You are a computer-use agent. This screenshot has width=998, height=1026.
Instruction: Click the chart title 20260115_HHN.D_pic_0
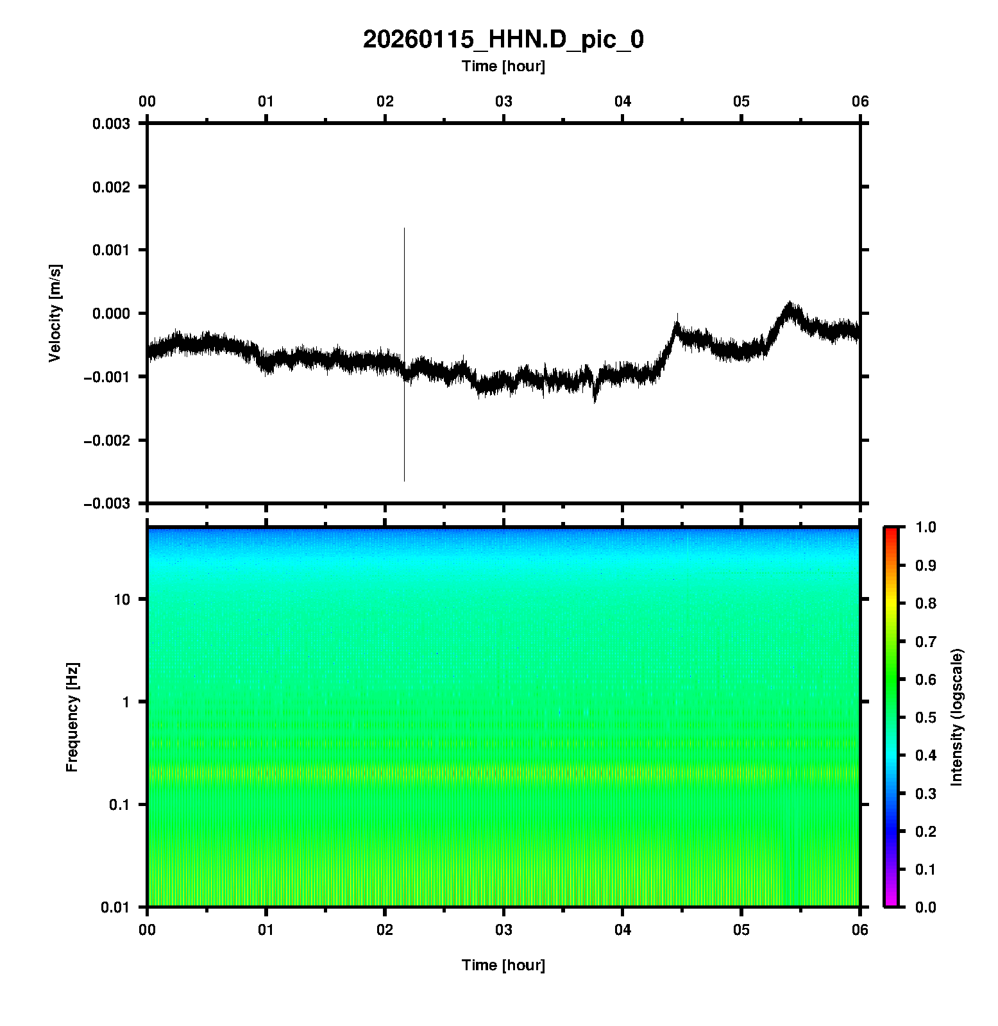click(x=503, y=40)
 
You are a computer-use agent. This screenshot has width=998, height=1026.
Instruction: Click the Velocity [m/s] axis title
click(x=55, y=313)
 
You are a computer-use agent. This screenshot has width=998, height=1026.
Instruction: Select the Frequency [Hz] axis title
click(x=72, y=717)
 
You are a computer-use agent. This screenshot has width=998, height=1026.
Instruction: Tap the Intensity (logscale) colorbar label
click(x=957, y=717)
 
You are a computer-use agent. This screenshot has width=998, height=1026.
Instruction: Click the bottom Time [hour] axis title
click(x=503, y=965)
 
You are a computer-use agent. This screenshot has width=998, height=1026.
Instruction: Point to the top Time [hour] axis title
click(x=503, y=66)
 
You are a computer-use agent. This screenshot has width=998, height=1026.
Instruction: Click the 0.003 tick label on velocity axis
click(x=111, y=124)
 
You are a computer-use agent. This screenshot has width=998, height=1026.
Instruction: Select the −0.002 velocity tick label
click(x=107, y=441)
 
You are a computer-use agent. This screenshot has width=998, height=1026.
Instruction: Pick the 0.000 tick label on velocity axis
click(x=111, y=314)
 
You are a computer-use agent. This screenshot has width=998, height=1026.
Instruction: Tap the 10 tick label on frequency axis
click(x=122, y=600)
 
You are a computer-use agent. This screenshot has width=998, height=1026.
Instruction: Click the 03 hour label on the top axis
click(x=503, y=101)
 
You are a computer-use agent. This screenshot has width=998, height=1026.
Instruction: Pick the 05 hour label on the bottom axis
click(x=741, y=930)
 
